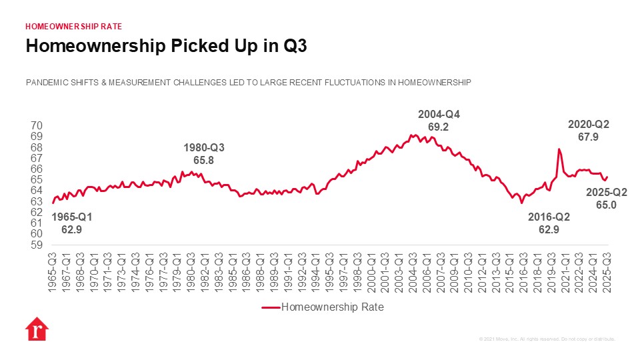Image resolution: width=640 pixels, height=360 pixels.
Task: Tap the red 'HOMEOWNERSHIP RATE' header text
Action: tap(73, 27)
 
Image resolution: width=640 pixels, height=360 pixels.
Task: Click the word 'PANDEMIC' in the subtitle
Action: tap(47, 83)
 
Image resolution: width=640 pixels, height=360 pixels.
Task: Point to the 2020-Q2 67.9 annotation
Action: tap(588, 131)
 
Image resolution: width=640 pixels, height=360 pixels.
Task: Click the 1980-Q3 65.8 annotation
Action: tap(204, 154)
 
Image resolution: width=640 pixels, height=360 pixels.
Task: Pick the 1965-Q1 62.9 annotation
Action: tap(71, 223)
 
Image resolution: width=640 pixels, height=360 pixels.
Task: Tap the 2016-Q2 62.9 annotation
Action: tap(549, 223)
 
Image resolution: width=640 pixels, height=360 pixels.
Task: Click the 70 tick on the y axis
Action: tap(37, 126)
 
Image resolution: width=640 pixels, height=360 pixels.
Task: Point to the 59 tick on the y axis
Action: tap(37, 245)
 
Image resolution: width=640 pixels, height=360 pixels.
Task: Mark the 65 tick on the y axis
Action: tap(37, 180)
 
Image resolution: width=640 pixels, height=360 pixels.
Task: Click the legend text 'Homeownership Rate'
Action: tap(333, 307)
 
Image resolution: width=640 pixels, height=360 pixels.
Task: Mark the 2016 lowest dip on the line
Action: tap(521, 202)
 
